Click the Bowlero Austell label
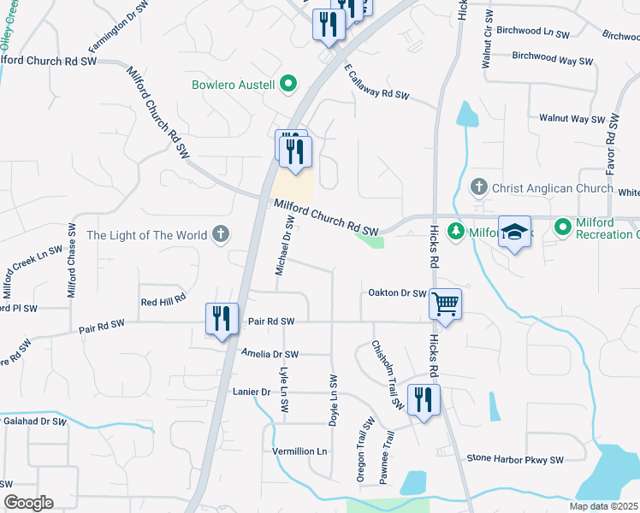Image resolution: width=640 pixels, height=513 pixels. (234, 85)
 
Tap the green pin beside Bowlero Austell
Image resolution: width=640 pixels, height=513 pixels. (289, 84)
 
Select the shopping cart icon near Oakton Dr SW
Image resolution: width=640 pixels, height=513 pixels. (445, 304)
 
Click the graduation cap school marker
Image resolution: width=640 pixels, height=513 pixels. (513, 233)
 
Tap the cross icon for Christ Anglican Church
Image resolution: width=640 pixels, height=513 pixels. (479, 186)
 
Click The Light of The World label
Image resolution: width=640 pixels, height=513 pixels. (146, 235)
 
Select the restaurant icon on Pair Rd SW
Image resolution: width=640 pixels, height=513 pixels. (222, 319)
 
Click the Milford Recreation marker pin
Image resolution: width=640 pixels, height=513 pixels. (563, 227)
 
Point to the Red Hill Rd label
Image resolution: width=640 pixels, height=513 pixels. (163, 303)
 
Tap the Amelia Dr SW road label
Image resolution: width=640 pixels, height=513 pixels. (270, 354)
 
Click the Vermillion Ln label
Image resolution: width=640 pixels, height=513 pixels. (299, 451)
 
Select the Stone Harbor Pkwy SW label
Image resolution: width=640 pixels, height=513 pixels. (515, 459)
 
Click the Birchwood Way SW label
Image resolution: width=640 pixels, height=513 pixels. (552, 60)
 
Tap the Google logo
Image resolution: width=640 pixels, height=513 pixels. (28, 503)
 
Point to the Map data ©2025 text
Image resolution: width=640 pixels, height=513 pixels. (603, 506)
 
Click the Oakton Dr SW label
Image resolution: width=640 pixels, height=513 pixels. (397, 293)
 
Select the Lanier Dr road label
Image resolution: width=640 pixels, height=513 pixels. (252, 392)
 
